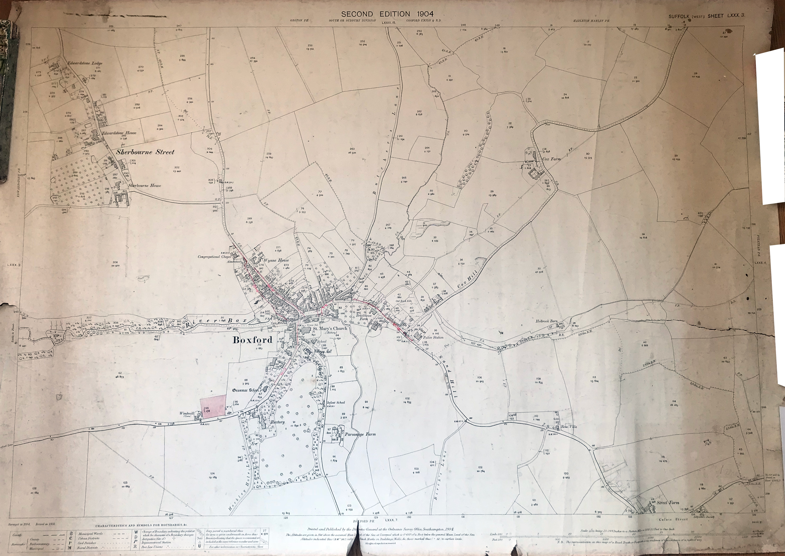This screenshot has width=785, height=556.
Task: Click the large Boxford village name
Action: (253, 340)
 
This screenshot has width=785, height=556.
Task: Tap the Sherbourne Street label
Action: (145, 152)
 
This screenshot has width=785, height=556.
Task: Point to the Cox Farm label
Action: (552, 159)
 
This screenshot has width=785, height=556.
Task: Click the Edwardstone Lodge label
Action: (85, 63)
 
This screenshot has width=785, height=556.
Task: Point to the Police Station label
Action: (433, 337)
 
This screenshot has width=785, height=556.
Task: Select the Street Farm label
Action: (668, 503)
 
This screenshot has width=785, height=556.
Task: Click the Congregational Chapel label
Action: (214, 257)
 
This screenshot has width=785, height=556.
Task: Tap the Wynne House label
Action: (276, 260)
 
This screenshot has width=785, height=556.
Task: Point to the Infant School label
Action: (336, 403)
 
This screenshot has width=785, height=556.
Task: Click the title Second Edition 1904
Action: (387, 14)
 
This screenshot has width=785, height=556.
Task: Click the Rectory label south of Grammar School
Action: (277, 422)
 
